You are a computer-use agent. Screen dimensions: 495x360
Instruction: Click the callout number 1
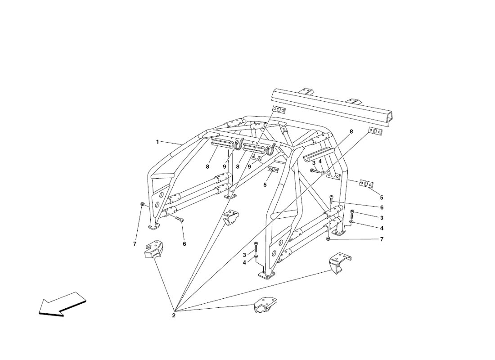[157, 142]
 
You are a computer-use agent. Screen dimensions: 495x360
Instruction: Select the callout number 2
[174, 315]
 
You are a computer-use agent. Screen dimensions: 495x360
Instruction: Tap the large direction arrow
[62, 304]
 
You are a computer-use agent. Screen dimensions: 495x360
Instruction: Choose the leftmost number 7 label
[135, 244]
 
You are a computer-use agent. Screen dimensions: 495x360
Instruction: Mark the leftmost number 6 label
[184, 244]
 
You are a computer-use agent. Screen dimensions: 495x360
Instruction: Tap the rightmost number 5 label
[382, 198]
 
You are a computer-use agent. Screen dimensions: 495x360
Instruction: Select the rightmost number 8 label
[351, 131]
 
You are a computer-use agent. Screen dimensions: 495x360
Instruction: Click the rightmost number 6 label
[382, 208]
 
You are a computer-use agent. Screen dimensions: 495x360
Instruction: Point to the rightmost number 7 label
[382, 239]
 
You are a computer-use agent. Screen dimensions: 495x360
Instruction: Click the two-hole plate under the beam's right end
[375, 131]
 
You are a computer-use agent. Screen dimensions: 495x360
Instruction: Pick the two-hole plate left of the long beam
[279, 110]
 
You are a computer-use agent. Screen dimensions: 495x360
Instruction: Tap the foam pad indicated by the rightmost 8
[319, 154]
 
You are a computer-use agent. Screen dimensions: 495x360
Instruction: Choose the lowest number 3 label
[244, 255]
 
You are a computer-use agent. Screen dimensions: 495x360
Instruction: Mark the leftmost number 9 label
[225, 166]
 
